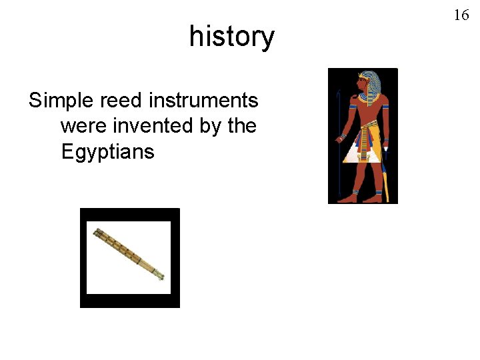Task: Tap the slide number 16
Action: click(461, 15)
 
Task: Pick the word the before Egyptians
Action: click(241, 126)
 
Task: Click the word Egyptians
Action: click(107, 152)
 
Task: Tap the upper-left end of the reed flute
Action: click(97, 232)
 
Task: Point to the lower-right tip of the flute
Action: click(161, 277)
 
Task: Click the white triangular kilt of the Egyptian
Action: click(364, 152)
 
